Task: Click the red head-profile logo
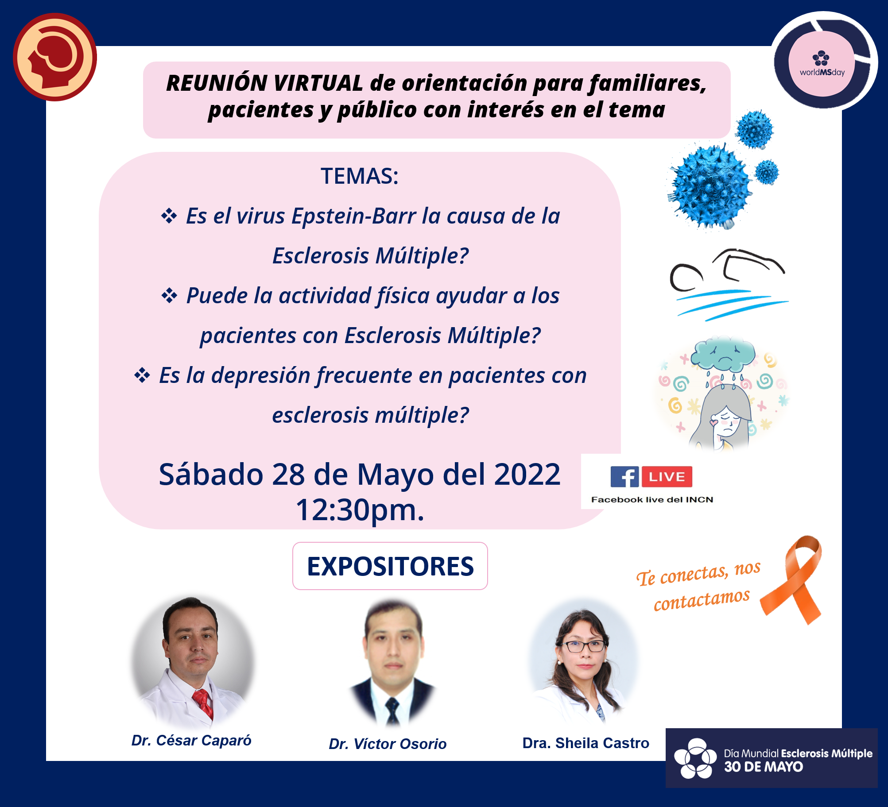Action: point(55,57)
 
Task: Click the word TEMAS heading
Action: point(360,176)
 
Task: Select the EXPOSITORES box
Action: point(390,566)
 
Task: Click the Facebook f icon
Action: point(624,477)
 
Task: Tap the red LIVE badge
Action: point(667,477)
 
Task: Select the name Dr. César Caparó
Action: point(191,740)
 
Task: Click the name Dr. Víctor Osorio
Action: point(388,744)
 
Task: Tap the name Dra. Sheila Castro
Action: point(586,743)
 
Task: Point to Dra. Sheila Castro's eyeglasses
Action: point(584,646)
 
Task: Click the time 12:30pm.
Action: point(360,510)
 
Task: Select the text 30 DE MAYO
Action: point(764,767)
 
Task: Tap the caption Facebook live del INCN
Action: point(652,499)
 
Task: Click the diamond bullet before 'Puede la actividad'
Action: point(169,295)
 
